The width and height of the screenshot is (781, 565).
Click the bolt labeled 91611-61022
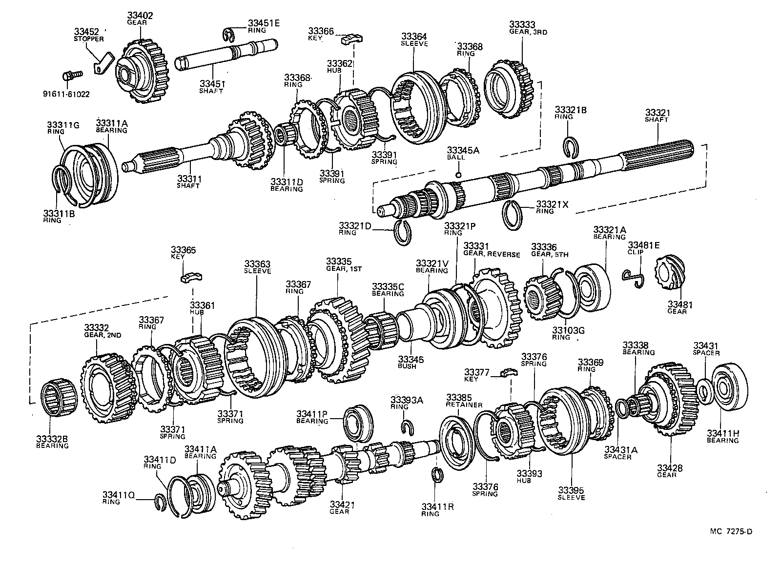[71, 76]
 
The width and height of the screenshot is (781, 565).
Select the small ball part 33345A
[458, 175]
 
